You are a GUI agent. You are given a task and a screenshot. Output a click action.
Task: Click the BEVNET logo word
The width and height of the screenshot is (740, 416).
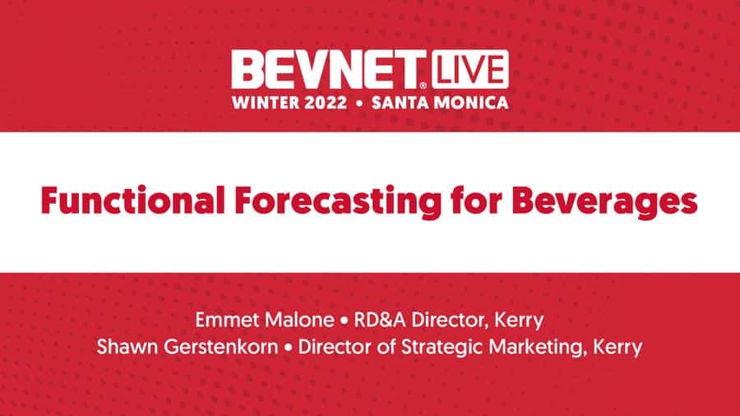click(x=325, y=69)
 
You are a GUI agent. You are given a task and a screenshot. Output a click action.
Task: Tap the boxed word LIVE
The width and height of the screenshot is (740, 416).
click(x=470, y=69)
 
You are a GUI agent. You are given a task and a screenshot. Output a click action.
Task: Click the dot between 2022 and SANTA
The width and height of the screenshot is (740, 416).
click(x=359, y=104)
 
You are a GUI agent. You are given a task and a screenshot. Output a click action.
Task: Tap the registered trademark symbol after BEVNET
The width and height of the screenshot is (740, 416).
click(x=423, y=86)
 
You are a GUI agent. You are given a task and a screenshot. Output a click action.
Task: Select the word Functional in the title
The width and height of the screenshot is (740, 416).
click(x=133, y=201)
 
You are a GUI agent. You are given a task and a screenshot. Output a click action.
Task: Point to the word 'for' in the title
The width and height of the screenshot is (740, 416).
click(x=476, y=201)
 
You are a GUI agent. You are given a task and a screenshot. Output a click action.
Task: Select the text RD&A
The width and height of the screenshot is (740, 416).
click(x=380, y=321)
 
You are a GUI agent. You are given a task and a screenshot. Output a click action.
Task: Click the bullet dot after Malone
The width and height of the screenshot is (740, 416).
click(x=344, y=321)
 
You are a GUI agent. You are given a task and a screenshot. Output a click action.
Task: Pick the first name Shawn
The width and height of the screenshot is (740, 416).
click(x=127, y=347)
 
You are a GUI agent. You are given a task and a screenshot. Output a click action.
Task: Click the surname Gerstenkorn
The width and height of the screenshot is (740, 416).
click(x=221, y=347)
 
